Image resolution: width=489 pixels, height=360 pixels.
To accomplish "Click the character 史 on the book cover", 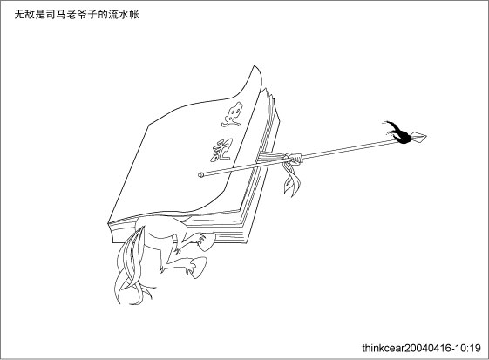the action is (232, 115).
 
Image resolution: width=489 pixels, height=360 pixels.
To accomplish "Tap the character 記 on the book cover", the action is (221, 150).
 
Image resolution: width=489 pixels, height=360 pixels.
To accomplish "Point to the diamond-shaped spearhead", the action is (418, 137).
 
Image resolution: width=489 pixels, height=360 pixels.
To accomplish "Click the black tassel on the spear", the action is (397, 132).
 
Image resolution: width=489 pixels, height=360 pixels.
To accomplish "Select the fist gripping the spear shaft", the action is (295, 159).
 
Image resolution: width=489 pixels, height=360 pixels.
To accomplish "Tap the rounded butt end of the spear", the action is (200, 174).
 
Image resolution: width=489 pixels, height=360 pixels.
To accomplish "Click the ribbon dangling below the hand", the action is (292, 179).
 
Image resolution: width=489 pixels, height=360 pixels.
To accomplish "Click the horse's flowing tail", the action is (131, 268).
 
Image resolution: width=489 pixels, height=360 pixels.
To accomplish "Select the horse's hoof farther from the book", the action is (197, 267).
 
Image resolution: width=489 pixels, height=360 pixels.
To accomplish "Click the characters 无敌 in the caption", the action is (24, 15).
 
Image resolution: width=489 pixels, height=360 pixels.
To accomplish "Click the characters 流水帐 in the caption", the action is (123, 15).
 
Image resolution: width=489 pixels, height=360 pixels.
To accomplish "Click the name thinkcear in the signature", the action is (384, 348).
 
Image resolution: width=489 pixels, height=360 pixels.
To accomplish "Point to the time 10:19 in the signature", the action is (468, 348).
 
